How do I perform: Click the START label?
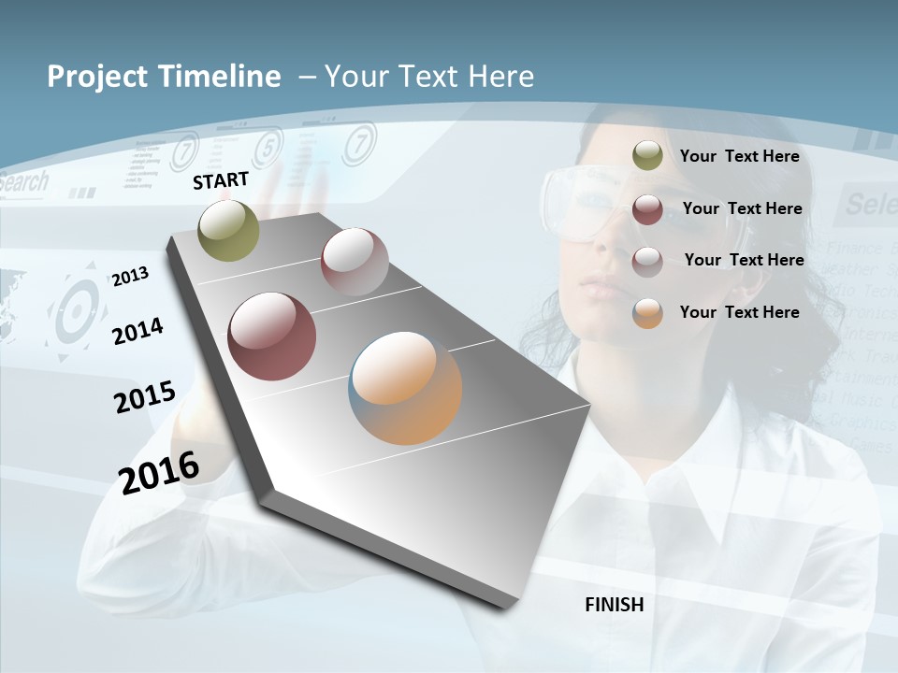221,179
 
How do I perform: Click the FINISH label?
615,605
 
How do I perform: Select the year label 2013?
130,276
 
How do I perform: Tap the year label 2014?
137,331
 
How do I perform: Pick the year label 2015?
144,397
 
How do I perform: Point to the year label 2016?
159,472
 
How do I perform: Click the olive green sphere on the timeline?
229,230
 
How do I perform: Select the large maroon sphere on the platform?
271,336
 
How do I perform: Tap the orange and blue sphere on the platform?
405,388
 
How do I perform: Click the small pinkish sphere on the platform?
355,261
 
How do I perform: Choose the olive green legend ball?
647,156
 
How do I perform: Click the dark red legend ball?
647,209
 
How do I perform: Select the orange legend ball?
647,313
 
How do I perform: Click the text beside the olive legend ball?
739,156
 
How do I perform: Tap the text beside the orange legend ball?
739,312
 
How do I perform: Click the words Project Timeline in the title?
164,77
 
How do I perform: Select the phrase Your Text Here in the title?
429,77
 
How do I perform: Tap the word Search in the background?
23,182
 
